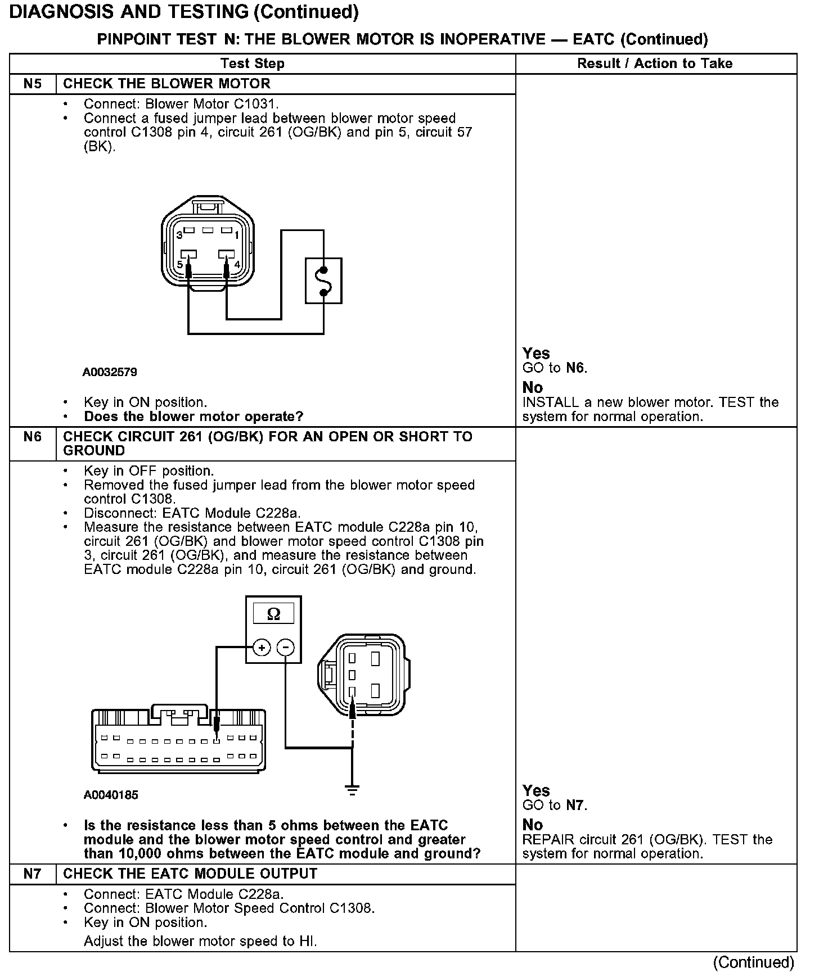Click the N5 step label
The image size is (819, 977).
coord(33,84)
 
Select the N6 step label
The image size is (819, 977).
coord(33,437)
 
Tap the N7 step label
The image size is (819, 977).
coord(33,874)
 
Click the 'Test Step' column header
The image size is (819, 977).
coord(253,64)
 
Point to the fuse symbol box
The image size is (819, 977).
coord(323,281)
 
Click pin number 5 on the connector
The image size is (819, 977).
coord(180,264)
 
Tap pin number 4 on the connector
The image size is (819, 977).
coord(237,264)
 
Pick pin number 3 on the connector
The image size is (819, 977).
coord(178,234)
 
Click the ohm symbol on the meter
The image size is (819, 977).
coord(273,614)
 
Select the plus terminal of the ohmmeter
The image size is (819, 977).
coord(262,648)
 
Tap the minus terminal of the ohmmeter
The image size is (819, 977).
coord(286,648)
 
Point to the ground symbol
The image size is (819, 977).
coord(352,790)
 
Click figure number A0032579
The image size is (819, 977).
coord(110,372)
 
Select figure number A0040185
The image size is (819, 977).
coord(111,795)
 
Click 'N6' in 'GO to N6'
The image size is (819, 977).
coord(575,368)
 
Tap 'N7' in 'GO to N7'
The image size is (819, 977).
coord(575,806)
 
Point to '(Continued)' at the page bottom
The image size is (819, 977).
coord(753,962)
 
